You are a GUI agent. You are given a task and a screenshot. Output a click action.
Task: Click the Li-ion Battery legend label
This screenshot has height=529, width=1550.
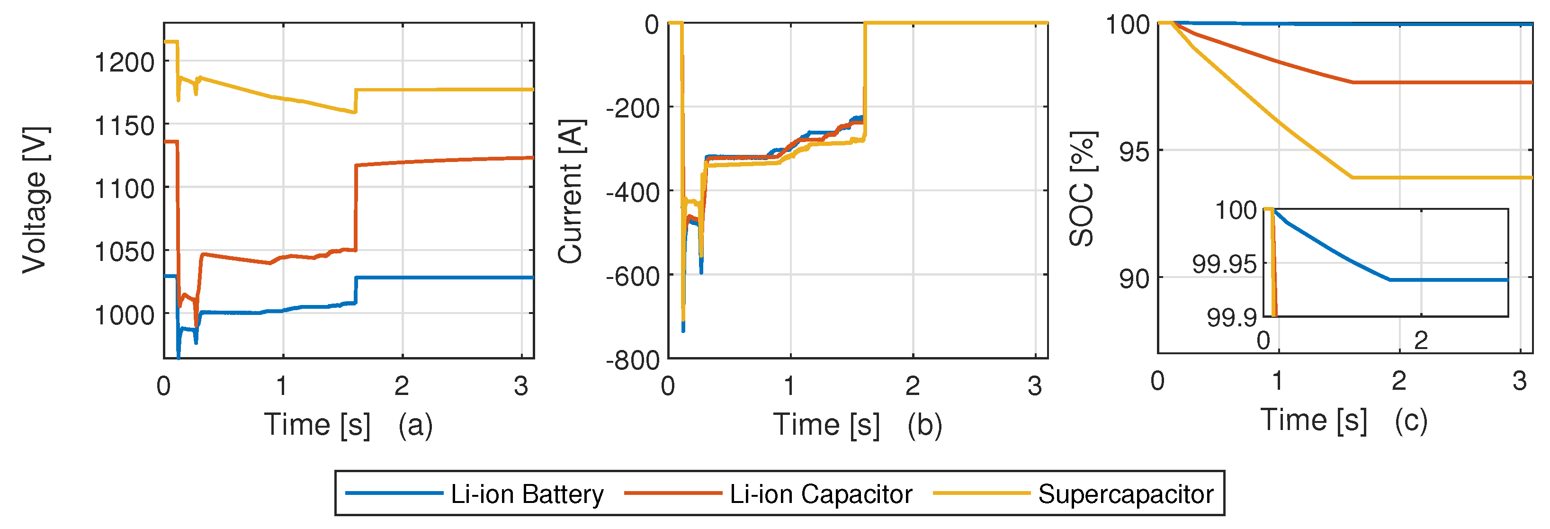click(x=527, y=495)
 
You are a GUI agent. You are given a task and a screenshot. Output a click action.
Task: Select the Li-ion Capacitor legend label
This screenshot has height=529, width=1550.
click(x=821, y=495)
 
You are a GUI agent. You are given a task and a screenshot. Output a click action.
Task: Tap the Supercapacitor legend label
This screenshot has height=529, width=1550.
click(x=1125, y=495)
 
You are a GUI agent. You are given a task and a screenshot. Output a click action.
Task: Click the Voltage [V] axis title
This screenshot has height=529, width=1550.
click(x=35, y=200)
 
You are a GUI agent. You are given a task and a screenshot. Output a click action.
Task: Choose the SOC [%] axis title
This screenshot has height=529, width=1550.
click(x=1082, y=189)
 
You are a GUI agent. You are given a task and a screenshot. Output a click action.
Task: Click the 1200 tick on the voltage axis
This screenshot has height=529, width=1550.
click(x=125, y=62)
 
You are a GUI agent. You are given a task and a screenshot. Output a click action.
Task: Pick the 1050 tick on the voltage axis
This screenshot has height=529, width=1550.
click(x=125, y=251)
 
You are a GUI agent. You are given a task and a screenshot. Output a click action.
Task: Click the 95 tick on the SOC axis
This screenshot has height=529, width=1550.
click(x=1134, y=152)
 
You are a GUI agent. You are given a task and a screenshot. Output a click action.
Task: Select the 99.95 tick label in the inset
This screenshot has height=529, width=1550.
click(x=1224, y=264)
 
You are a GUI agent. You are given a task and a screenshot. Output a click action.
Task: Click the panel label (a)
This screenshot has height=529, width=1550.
click(x=415, y=425)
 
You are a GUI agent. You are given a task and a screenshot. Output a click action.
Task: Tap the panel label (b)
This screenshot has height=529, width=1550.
click(x=925, y=425)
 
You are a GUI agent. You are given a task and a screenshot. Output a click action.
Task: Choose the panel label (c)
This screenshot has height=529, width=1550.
click(x=1411, y=420)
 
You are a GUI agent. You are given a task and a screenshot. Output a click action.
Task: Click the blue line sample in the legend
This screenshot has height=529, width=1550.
click(x=394, y=493)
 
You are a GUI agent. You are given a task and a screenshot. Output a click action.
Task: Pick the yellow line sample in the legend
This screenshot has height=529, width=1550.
click(x=981, y=493)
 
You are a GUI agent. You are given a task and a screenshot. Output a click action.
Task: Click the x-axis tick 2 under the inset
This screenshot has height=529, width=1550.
click(x=1421, y=341)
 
